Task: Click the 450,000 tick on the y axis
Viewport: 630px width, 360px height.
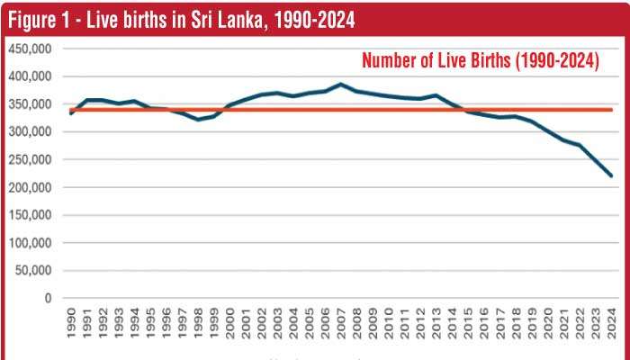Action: (x=31, y=49)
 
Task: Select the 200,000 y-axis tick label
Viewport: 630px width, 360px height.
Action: (x=31, y=187)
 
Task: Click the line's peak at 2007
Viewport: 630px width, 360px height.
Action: (x=341, y=85)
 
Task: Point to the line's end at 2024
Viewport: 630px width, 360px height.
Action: (x=612, y=176)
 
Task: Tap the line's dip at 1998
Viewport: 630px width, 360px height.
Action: (x=199, y=120)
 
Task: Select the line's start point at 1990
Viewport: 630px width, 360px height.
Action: (x=71, y=113)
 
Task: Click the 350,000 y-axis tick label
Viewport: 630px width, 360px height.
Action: (x=31, y=104)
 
